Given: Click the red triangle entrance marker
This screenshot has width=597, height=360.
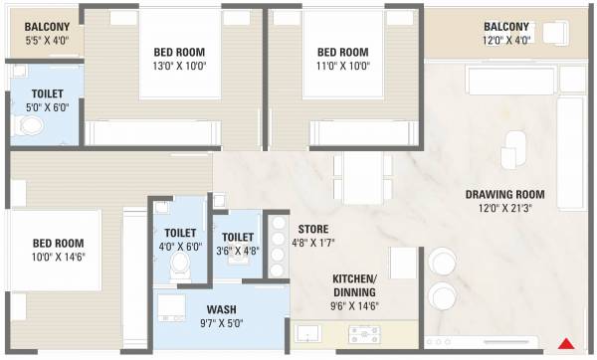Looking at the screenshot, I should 565,343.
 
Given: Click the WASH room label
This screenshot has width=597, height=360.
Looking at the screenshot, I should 221,309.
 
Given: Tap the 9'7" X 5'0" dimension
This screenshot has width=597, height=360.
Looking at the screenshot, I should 221,323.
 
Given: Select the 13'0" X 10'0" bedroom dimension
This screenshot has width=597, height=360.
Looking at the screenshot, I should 179,67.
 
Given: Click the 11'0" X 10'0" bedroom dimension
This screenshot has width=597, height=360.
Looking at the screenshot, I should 342,67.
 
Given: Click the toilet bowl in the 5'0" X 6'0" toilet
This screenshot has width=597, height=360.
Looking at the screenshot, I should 30,126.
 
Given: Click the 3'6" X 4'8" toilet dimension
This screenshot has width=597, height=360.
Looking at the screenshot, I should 237,250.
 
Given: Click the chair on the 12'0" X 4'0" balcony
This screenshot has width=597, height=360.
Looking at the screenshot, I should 555,33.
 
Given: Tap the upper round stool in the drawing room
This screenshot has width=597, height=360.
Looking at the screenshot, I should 441,262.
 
